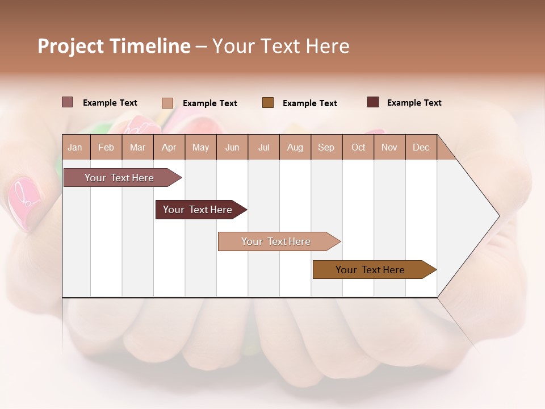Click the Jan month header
[x=75, y=148]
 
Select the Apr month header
[x=169, y=148]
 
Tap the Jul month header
[x=263, y=148]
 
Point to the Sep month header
[x=326, y=148]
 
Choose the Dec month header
[x=421, y=148]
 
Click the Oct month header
[x=358, y=148]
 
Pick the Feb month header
[x=106, y=148]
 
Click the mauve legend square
[x=67, y=102]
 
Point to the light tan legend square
[x=167, y=103]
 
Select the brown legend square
[x=268, y=102]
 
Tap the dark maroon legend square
[x=373, y=102]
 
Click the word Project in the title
[x=71, y=46]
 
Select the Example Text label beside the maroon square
[x=414, y=103]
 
